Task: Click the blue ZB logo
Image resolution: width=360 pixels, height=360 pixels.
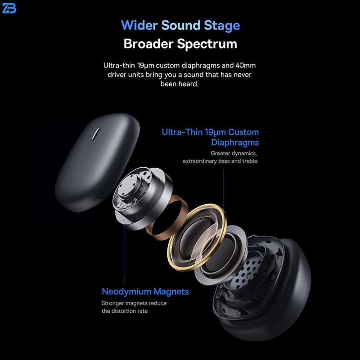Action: pyautogui.click(x=9, y=8)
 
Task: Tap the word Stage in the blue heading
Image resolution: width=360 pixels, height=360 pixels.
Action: pyautogui.click(x=222, y=26)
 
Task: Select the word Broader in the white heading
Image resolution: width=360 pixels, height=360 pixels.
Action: pyautogui.click(x=148, y=43)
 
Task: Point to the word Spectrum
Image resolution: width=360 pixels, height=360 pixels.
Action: pyautogui.click(x=207, y=44)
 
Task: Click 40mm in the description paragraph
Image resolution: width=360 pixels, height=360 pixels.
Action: pyautogui.click(x=245, y=65)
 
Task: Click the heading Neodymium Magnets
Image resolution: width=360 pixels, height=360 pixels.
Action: pyautogui.click(x=145, y=292)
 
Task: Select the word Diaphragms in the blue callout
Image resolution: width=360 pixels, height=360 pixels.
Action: pyautogui.click(x=235, y=143)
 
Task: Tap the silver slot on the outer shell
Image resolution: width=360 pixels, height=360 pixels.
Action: pyautogui.click(x=96, y=133)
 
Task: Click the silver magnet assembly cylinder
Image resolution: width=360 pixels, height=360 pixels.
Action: pyautogui.click(x=142, y=198)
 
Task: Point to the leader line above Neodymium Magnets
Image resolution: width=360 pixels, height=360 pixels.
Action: pyautogui.click(x=124, y=252)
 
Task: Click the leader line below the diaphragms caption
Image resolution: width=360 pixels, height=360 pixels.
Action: pyautogui.click(x=224, y=190)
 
